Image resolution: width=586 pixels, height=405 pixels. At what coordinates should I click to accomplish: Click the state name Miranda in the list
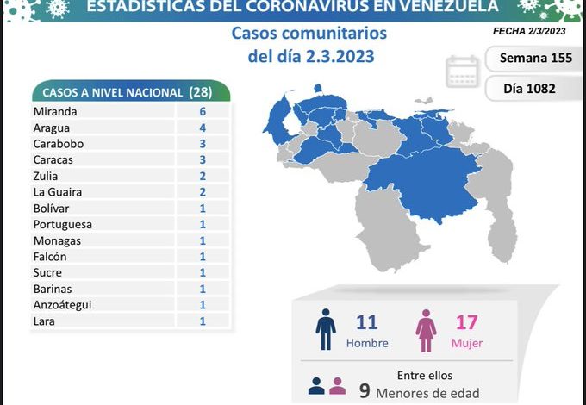click(x=55, y=111)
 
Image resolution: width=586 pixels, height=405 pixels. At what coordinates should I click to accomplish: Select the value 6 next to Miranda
click(x=201, y=111)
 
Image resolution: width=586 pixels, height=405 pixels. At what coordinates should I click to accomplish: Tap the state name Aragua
click(x=53, y=128)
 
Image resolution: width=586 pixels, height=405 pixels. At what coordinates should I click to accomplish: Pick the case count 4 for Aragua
click(x=201, y=128)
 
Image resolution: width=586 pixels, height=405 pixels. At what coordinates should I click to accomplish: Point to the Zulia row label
click(x=47, y=176)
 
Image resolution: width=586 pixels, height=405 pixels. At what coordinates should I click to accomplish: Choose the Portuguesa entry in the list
click(x=63, y=224)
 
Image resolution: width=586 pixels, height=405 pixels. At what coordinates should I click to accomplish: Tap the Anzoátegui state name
click(x=63, y=304)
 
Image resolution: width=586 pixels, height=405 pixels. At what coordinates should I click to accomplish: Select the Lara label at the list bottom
click(x=44, y=321)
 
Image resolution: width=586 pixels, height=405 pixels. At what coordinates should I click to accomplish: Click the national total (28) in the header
click(x=205, y=92)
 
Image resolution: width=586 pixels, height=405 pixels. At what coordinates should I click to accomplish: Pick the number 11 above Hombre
click(x=367, y=323)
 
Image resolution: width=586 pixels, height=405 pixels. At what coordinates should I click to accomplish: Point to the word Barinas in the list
click(x=53, y=289)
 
